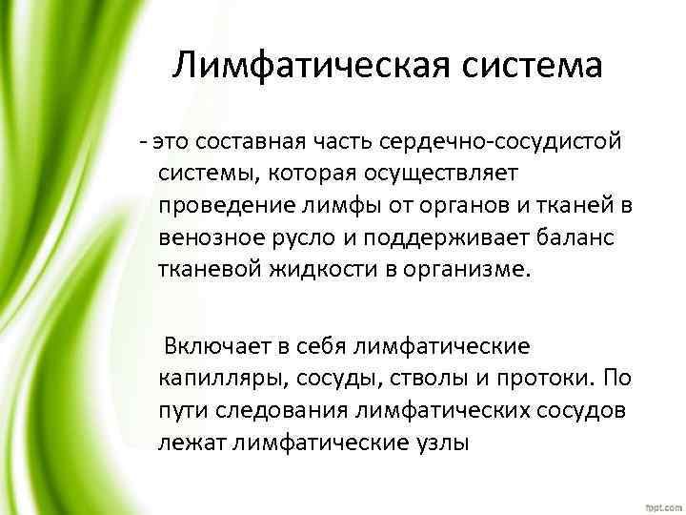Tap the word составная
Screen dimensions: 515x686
point(250,142)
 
